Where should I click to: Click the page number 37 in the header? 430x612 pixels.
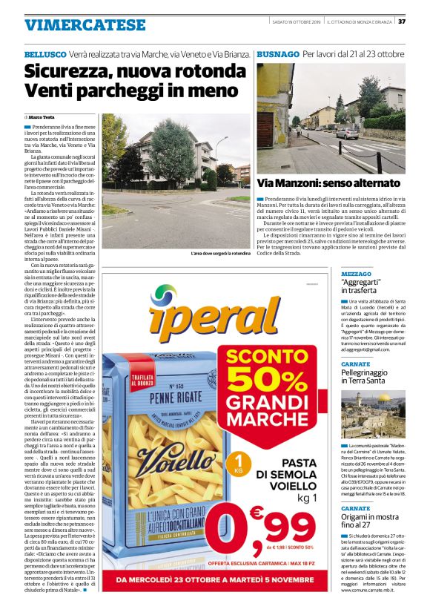point(422,21)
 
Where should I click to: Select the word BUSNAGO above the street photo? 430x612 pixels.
point(277,55)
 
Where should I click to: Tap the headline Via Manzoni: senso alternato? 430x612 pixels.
point(328,182)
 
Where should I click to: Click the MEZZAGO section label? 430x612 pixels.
point(356,274)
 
